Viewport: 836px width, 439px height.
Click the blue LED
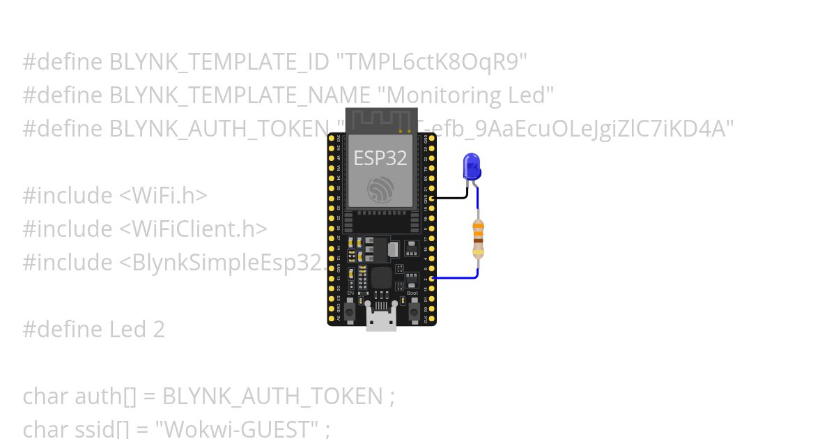pos(472,166)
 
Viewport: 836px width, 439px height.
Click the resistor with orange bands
pos(478,238)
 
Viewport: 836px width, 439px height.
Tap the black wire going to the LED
pos(453,197)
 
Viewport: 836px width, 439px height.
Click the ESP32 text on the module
pos(380,158)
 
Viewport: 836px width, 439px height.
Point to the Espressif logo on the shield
pos(380,189)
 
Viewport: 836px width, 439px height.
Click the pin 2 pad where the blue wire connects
pos(433,278)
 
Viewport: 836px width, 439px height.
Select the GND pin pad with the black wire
pos(433,198)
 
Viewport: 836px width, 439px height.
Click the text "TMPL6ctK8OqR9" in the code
pos(432,62)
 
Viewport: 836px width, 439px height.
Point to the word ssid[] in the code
pos(111,428)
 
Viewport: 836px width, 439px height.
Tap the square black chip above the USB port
pos(382,277)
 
